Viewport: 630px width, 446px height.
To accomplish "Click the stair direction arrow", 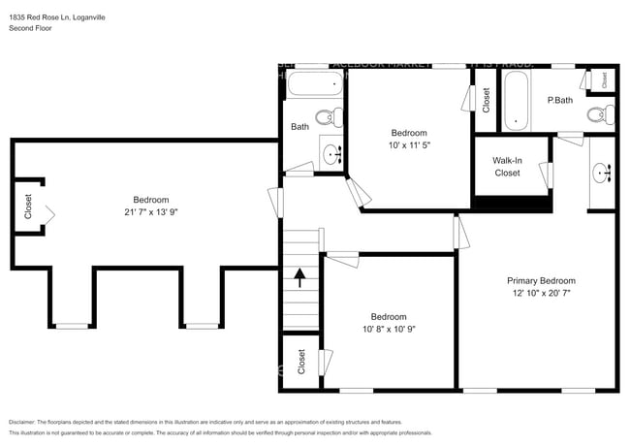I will coord(300,279).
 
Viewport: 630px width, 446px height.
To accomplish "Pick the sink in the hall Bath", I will coord(333,152).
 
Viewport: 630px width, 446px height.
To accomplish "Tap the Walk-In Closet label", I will coord(507,166).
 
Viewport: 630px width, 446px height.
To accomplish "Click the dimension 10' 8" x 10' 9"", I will coord(388,329).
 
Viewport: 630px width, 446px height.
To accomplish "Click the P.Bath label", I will coord(559,100).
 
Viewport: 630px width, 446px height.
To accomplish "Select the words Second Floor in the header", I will coord(31,28).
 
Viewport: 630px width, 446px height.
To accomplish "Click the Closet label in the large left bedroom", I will coord(28,207).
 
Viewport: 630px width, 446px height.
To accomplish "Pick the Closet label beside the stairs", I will coord(300,362).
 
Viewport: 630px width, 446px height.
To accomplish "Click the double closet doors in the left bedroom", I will coord(49,214).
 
